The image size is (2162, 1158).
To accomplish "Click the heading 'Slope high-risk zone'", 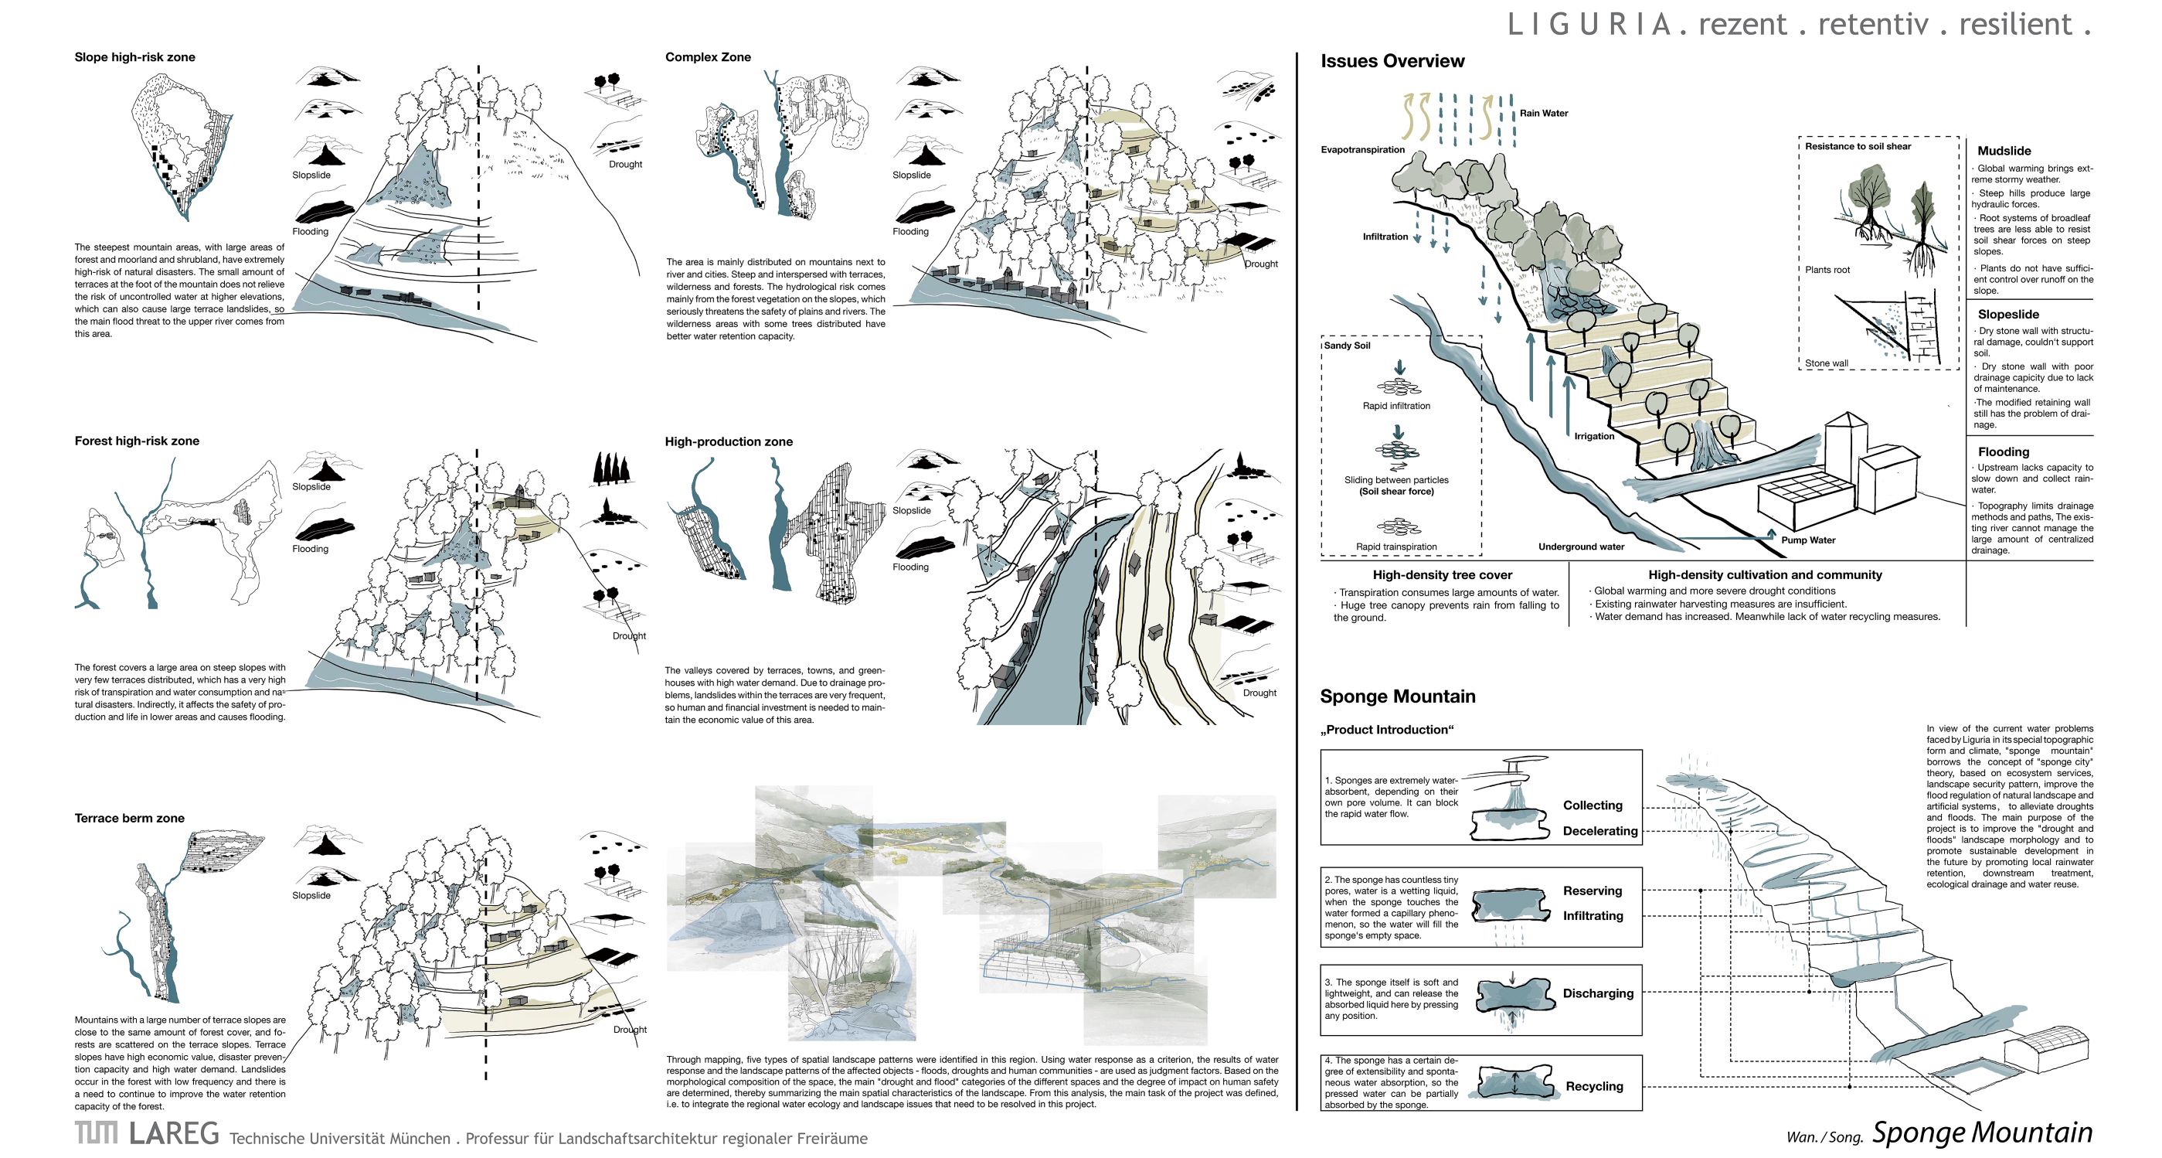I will click(x=134, y=57).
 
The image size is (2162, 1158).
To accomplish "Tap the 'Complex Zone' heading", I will click(x=708, y=57).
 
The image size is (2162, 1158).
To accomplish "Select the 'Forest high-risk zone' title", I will click(x=137, y=441).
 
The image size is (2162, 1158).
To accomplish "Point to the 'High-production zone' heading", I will click(x=729, y=441).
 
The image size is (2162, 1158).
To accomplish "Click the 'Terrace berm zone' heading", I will click(x=129, y=818).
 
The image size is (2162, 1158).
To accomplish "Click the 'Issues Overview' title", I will click(x=1392, y=61).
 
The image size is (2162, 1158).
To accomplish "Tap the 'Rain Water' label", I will click(x=1543, y=114).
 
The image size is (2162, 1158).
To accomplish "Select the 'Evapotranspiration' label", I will click(x=1362, y=149).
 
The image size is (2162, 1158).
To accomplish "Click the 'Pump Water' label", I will click(x=1808, y=540).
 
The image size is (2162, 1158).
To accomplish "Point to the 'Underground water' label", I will click(x=1581, y=547).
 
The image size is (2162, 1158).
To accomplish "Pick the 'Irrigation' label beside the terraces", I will click(x=1594, y=436).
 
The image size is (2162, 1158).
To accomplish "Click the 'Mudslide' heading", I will click(x=2004, y=152).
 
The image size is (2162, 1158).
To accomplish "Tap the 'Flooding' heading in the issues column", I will click(x=2004, y=451).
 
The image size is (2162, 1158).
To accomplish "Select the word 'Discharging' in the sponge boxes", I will click(x=1598, y=993).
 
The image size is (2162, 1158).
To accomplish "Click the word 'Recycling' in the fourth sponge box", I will click(x=1594, y=1087).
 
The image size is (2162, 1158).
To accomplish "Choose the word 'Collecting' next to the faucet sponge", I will click(x=1592, y=805).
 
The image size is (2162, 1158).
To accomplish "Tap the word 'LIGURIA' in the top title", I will click(x=1589, y=25).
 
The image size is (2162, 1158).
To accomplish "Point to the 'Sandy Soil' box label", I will click(x=1347, y=346).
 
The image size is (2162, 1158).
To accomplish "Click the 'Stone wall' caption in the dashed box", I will click(x=1827, y=363).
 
